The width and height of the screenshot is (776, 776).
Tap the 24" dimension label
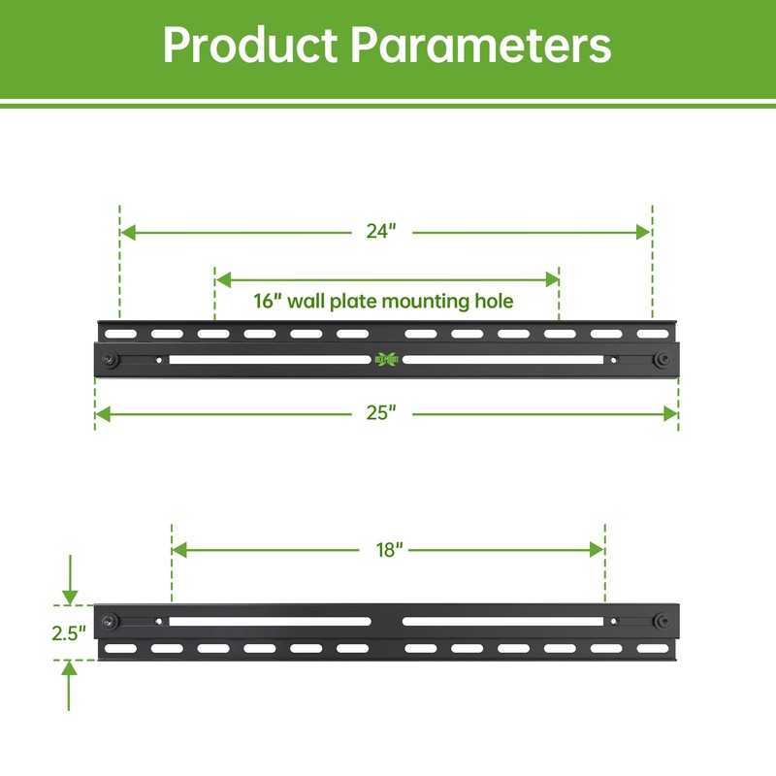pyautogui.click(x=382, y=232)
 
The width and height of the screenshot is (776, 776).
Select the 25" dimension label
pyautogui.click(x=382, y=414)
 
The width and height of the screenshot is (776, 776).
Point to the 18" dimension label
pyautogui.click(x=387, y=550)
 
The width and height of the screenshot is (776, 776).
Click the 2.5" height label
pyautogui.click(x=69, y=631)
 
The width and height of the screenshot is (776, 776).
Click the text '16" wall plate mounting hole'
pyautogui.click(x=383, y=302)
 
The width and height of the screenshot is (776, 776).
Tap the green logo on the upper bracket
pyautogui.click(x=386, y=359)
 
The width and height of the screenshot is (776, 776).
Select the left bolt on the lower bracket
pyautogui.click(x=114, y=621)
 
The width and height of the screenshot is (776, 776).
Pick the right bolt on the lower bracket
pyautogui.click(x=661, y=621)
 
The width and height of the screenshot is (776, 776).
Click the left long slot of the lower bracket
pyautogui.click(x=270, y=621)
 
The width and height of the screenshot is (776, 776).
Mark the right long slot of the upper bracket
pyautogui.click(x=502, y=359)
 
